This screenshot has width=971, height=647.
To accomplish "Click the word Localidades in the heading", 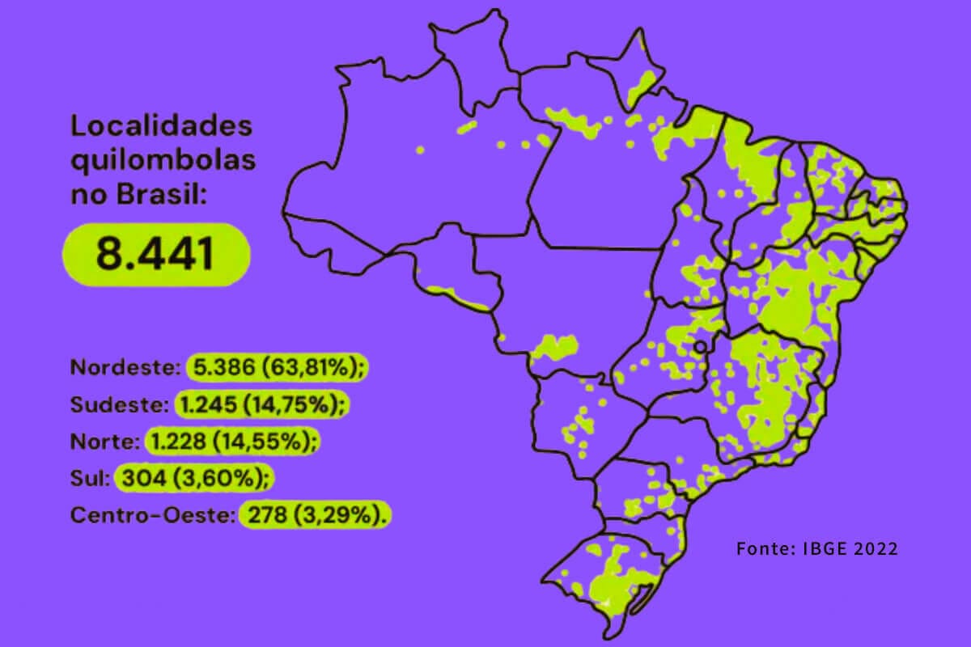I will pos(162,127).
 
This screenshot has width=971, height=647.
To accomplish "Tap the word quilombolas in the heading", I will pos(163,160).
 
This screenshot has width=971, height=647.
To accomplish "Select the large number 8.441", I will pos(155,253).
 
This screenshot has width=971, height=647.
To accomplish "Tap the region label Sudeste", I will pos(118,404).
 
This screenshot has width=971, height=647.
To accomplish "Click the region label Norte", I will pos(104,442).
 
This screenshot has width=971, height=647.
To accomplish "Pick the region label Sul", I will pos(90,478).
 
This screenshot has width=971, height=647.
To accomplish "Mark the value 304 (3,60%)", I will pos(194,478).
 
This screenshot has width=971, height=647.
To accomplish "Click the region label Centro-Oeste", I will pos(151,515).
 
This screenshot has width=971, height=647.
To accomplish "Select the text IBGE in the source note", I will pos(819,548).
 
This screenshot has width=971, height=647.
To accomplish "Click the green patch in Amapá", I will pos(643,83).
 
